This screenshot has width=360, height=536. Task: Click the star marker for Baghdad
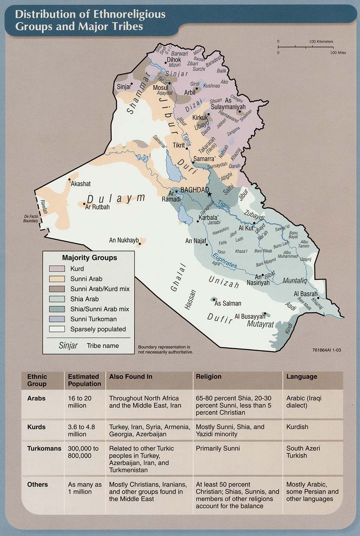coord(209,194)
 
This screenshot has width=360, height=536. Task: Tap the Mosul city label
coord(160,88)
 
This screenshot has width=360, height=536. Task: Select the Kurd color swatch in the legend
coord(57,269)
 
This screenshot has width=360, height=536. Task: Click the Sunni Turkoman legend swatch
coord(57,319)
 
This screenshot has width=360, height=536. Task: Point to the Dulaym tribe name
coord(116,199)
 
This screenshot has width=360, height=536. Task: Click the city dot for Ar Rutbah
coord(84,204)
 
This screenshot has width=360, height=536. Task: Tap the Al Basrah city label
coord(305,294)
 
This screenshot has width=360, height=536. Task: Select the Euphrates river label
coord(224,261)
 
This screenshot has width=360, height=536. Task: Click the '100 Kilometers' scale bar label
coord(321,41)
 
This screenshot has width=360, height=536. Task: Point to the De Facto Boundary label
coord(31,219)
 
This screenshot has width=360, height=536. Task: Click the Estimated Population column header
coord(84,380)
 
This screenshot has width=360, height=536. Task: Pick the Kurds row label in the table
coord(36,427)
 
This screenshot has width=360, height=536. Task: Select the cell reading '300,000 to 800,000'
coord(83,452)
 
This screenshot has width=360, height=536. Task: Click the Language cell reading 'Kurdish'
coord(297,427)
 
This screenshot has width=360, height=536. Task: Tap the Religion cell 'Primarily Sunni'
coord(218,448)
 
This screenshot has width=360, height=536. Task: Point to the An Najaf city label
coord(196,241)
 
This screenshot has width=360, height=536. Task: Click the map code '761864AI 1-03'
coord(327,350)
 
